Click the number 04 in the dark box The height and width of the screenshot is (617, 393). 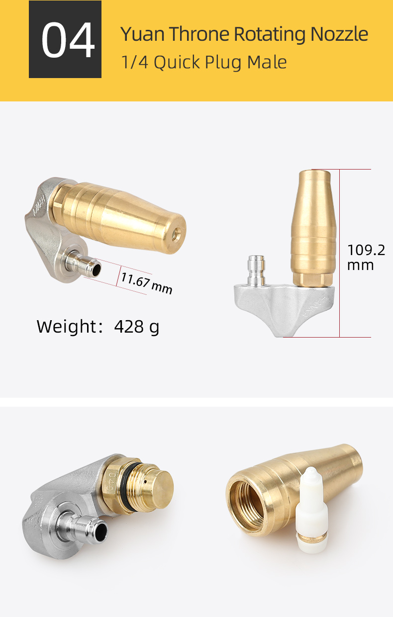pos(68,40)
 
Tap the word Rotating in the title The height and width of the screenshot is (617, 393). pos(270,35)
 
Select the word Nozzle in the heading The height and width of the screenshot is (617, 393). pos(339,34)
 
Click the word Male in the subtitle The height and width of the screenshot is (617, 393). pos(267,62)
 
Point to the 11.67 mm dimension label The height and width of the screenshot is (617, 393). pos(147,283)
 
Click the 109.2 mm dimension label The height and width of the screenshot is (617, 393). pos(366,257)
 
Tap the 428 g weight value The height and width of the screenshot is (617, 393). pos(137,327)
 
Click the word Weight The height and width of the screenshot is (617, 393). pos(66,327)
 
